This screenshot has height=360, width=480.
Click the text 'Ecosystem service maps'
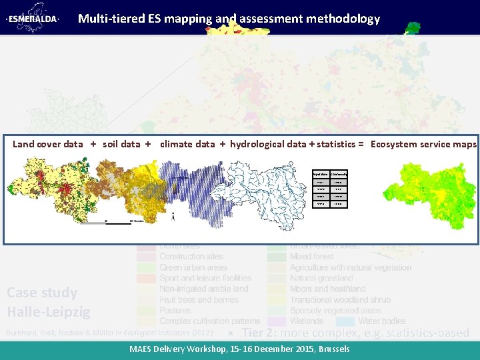tap(423, 144)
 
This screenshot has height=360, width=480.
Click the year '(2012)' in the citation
tap(202, 332)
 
